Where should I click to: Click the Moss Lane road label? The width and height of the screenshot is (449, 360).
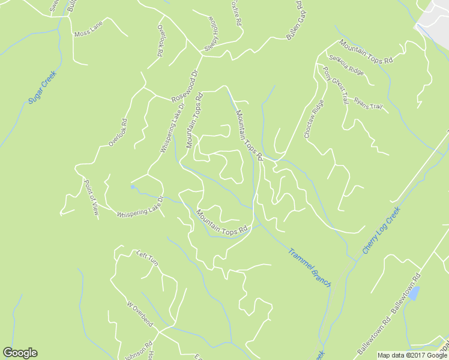coord(88,29)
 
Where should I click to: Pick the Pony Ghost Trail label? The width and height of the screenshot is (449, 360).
coord(336,85)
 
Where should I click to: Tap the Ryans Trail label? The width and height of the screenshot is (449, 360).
coord(368,103)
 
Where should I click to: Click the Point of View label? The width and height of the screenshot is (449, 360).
coord(91,197)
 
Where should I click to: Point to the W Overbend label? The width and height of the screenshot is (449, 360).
coord(140,314)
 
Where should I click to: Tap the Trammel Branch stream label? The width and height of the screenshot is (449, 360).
coord(309,267)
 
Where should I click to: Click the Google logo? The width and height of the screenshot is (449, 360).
coord(20,353)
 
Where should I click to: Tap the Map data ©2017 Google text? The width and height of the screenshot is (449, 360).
coord(412,355)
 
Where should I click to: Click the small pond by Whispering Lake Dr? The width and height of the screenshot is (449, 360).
coord(132,187)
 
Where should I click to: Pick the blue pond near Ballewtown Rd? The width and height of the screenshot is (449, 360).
coord(414,294)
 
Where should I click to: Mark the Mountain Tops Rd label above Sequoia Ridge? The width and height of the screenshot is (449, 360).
coord(366,52)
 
